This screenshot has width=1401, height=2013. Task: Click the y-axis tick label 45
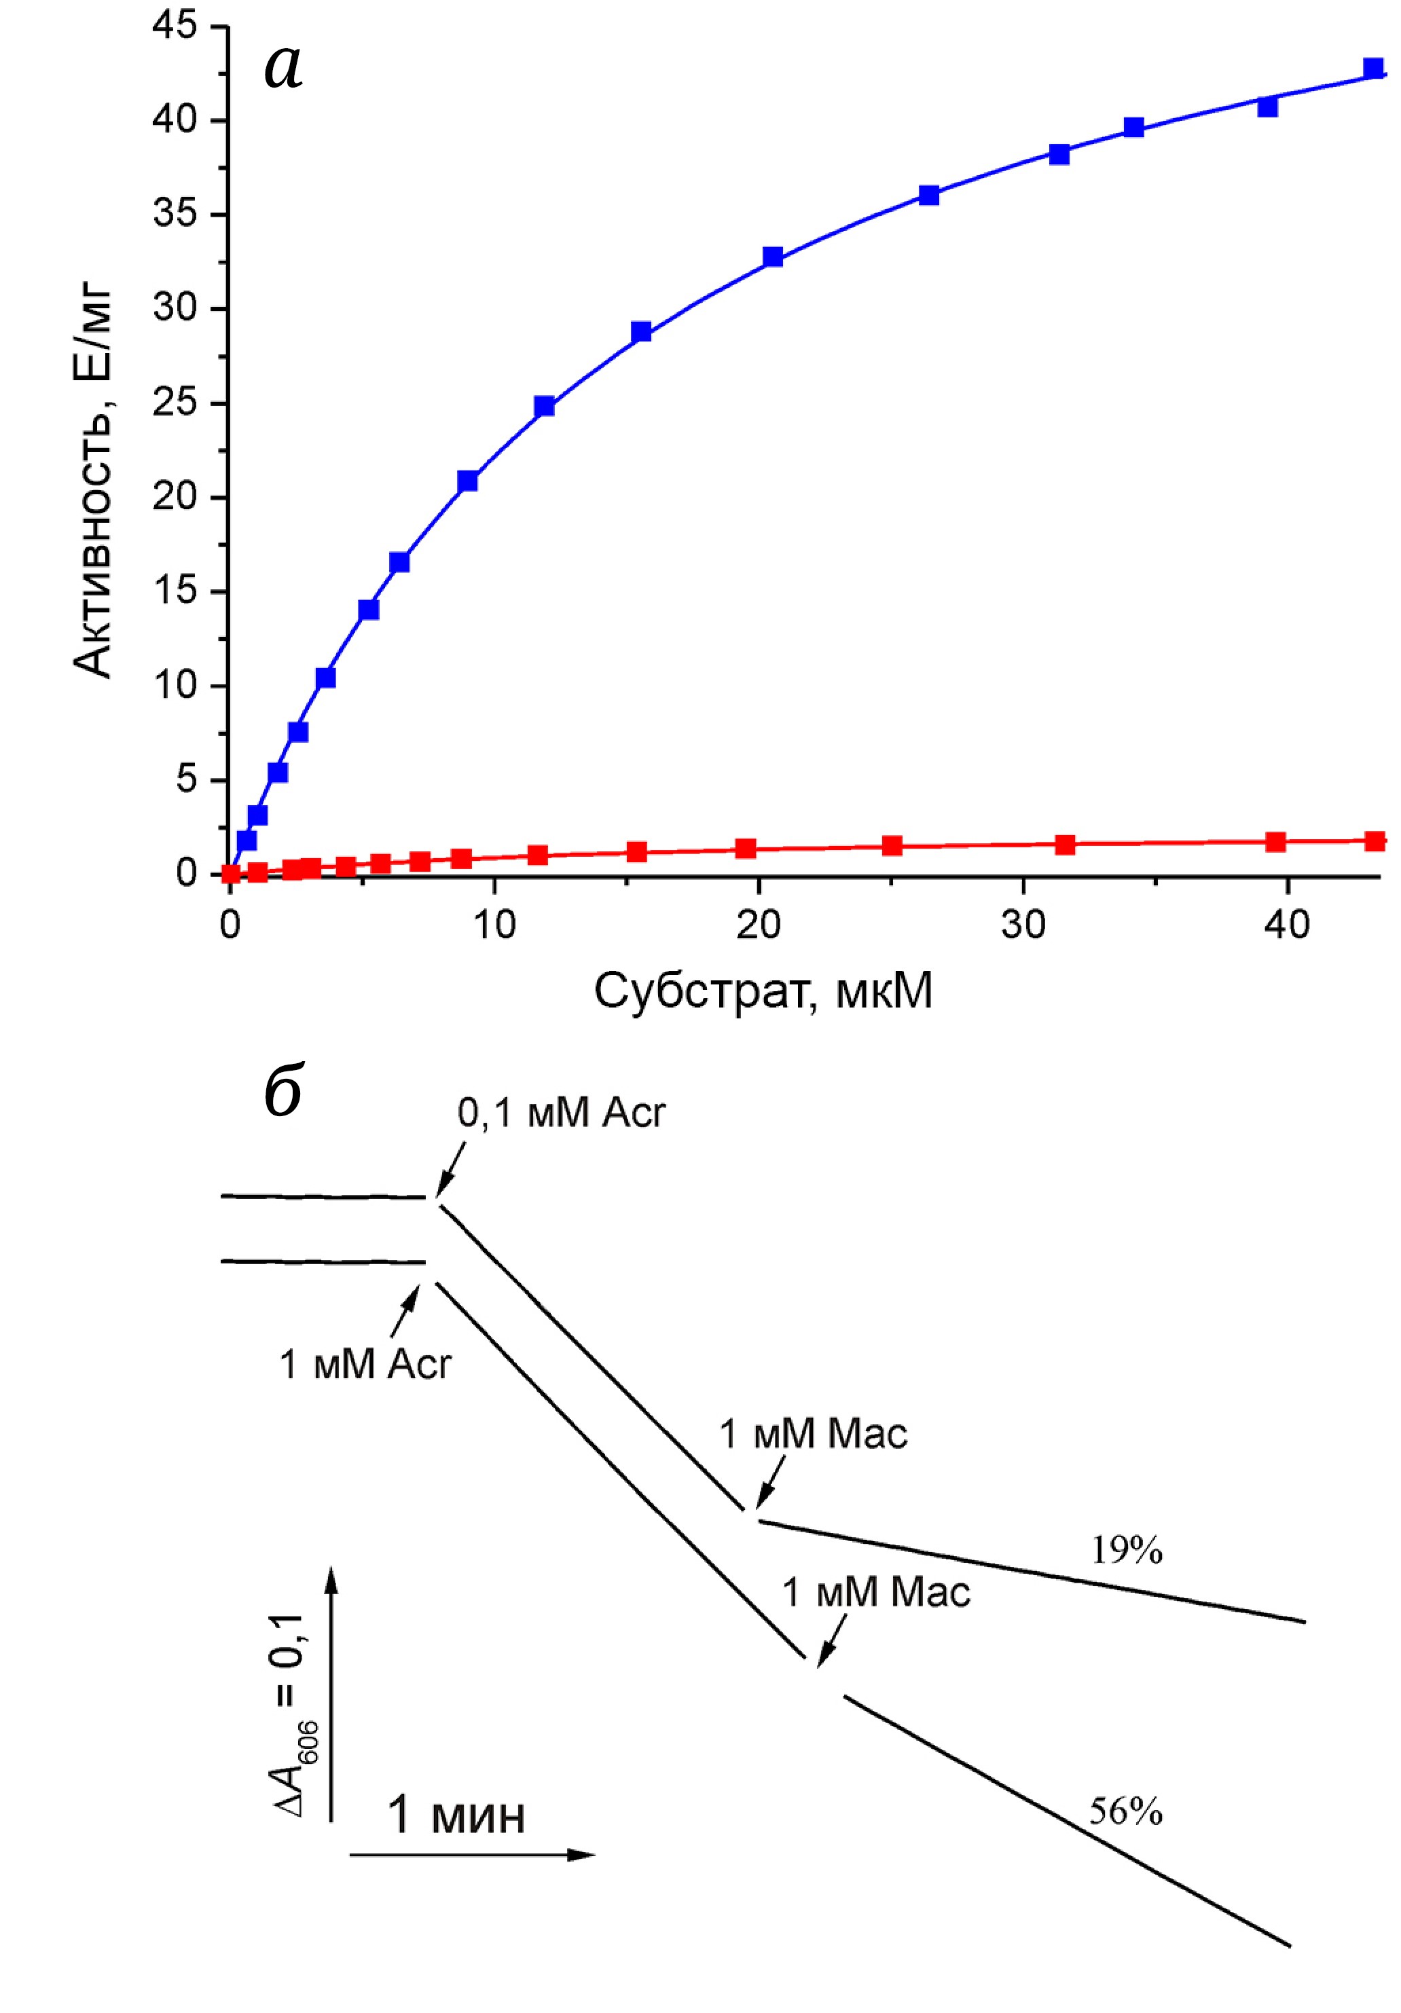pos(175,26)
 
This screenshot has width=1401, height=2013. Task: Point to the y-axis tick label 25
pos(175,403)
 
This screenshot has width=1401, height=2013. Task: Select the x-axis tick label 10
pos(494,925)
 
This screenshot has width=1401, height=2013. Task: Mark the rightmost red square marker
pos(1375,841)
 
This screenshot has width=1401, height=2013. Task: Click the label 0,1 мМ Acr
pos(561,1113)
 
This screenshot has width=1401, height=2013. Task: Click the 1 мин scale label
pos(456,1814)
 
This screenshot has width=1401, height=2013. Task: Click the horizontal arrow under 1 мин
pos(472,1854)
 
